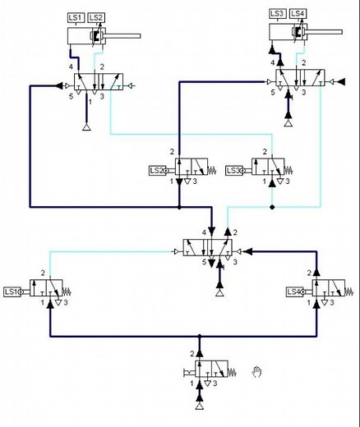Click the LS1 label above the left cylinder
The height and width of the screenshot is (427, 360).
pyautogui.click(x=76, y=17)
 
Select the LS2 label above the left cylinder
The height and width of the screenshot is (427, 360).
pyautogui.click(x=96, y=17)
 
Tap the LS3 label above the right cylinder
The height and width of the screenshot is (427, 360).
pyautogui.click(x=278, y=13)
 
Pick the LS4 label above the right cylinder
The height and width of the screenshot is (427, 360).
pyautogui.click(x=298, y=13)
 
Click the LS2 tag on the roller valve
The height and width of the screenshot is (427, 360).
pyautogui.click(x=157, y=171)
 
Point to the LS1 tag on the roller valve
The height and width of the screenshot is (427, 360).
pyautogui.click(x=12, y=292)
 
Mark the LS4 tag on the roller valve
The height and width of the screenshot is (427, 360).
pyautogui.click(x=294, y=292)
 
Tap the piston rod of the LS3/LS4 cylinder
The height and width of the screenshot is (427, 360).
pyautogui.click(x=325, y=32)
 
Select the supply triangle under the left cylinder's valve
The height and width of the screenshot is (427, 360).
pyautogui.click(x=87, y=127)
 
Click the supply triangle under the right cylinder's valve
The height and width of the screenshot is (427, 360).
pyautogui.click(x=288, y=123)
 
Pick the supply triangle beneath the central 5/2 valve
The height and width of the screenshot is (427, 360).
pyautogui.click(x=219, y=292)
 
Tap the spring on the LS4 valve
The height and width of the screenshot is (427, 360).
pyautogui.click(x=350, y=292)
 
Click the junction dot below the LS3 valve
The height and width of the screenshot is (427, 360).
pyautogui.click(x=272, y=208)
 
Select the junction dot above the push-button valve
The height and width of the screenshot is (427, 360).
pyautogui.click(x=199, y=337)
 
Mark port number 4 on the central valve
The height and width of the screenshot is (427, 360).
pyautogui.click(x=202, y=233)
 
